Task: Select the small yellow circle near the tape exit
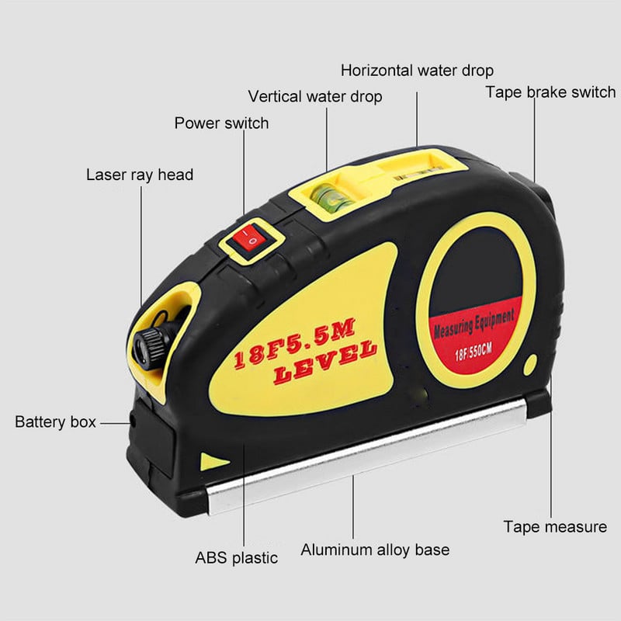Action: pyautogui.click(x=530, y=365)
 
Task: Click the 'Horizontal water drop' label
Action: pyautogui.click(x=417, y=71)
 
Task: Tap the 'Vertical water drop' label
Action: pyautogui.click(x=315, y=96)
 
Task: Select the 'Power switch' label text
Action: pyautogui.click(x=221, y=123)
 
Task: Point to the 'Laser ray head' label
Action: pyautogui.click(x=140, y=175)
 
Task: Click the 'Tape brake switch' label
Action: pyautogui.click(x=550, y=92)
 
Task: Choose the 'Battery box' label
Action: pyautogui.click(x=55, y=422)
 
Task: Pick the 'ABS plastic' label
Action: pyautogui.click(x=237, y=557)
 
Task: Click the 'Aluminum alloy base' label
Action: pyautogui.click(x=375, y=550)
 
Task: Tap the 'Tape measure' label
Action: pyautogui.click(x=555, y=527)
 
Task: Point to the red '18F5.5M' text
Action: pyautogui.click(x=294, y=343)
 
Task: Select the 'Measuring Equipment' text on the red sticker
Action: pyautogui.click(x=474, y=324)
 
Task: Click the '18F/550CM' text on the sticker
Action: pyautogui.click(x=474, y=352)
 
